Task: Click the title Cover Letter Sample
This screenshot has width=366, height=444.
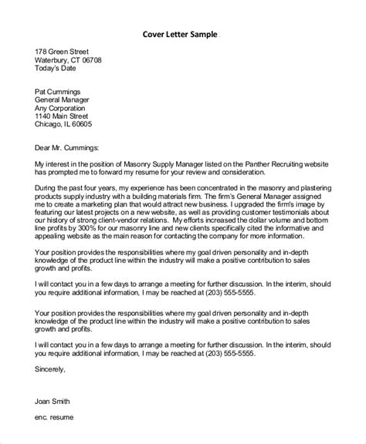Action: [x=181, y=34]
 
